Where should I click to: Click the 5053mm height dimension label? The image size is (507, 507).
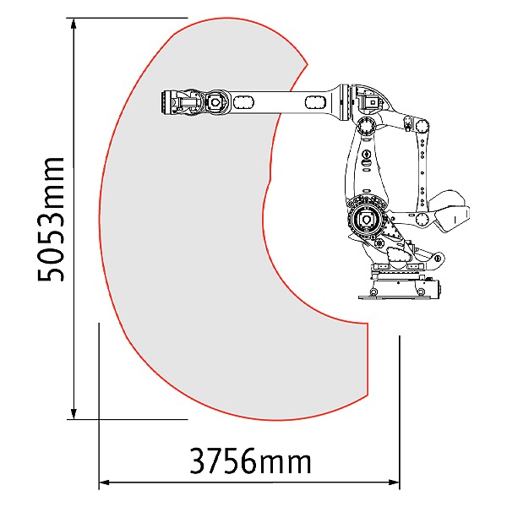point(52,219)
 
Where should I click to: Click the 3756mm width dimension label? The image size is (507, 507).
point(250,461)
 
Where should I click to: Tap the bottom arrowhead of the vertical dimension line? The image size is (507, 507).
point(74,413)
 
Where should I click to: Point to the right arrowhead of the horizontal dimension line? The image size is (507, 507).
point(394,482)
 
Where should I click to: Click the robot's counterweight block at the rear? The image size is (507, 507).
point(450,212)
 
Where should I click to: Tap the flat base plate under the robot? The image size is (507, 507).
point(397,297)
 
